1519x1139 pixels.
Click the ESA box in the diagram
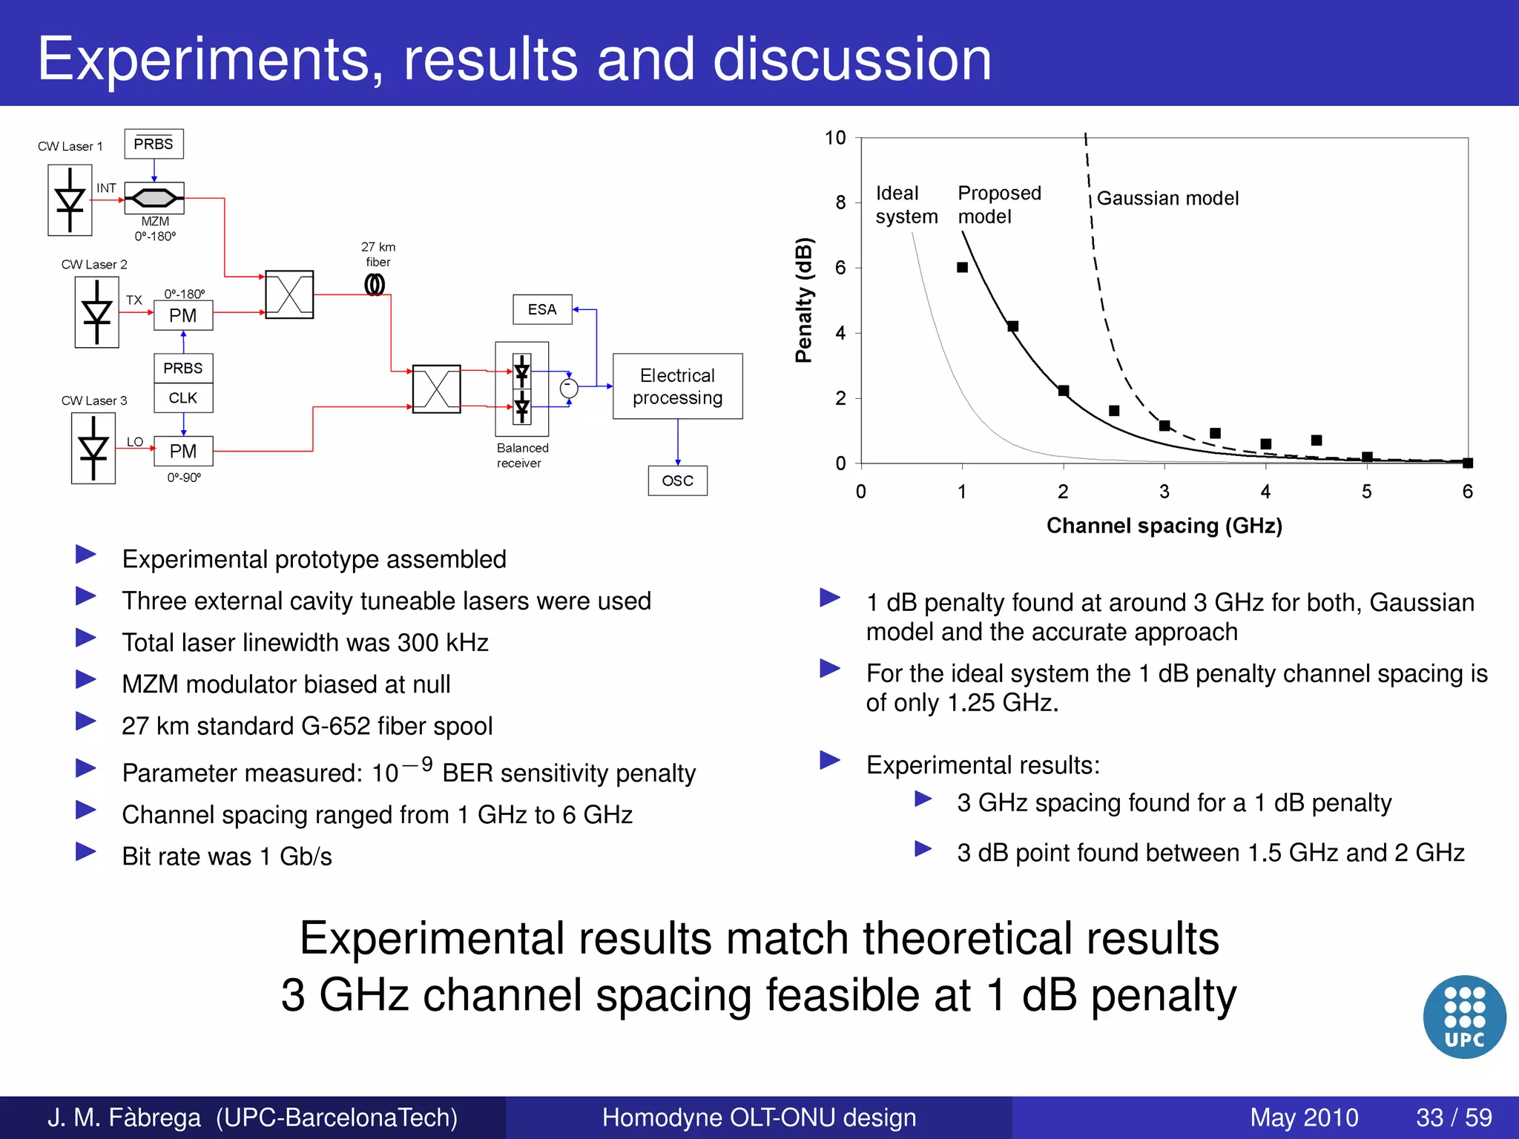(542, 309)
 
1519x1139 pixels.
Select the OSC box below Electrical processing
(677, 481)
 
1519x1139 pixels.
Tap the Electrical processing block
(677, 386)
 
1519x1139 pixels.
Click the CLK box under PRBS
(183, 398)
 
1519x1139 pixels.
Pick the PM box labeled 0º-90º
(183, 451)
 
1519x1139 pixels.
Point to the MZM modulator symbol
(154, 198)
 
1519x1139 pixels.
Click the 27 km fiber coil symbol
(375, 285)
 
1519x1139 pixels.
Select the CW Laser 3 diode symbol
(93, 449)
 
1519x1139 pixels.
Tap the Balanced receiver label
(522, 455)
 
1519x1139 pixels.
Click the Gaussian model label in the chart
(1167, 199)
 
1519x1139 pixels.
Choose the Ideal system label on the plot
(906, 205)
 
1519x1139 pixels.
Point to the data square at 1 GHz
(962, 267)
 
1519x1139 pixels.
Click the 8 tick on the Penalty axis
(840, 202)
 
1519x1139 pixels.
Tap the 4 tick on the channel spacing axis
(1265, 492)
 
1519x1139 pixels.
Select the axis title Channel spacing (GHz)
(1164, 526)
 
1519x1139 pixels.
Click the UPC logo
(1464, 1017)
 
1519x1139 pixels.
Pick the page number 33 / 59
(1454, 1117)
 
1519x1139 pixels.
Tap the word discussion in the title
(851, 59)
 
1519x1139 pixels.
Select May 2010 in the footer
(1303, 1117)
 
